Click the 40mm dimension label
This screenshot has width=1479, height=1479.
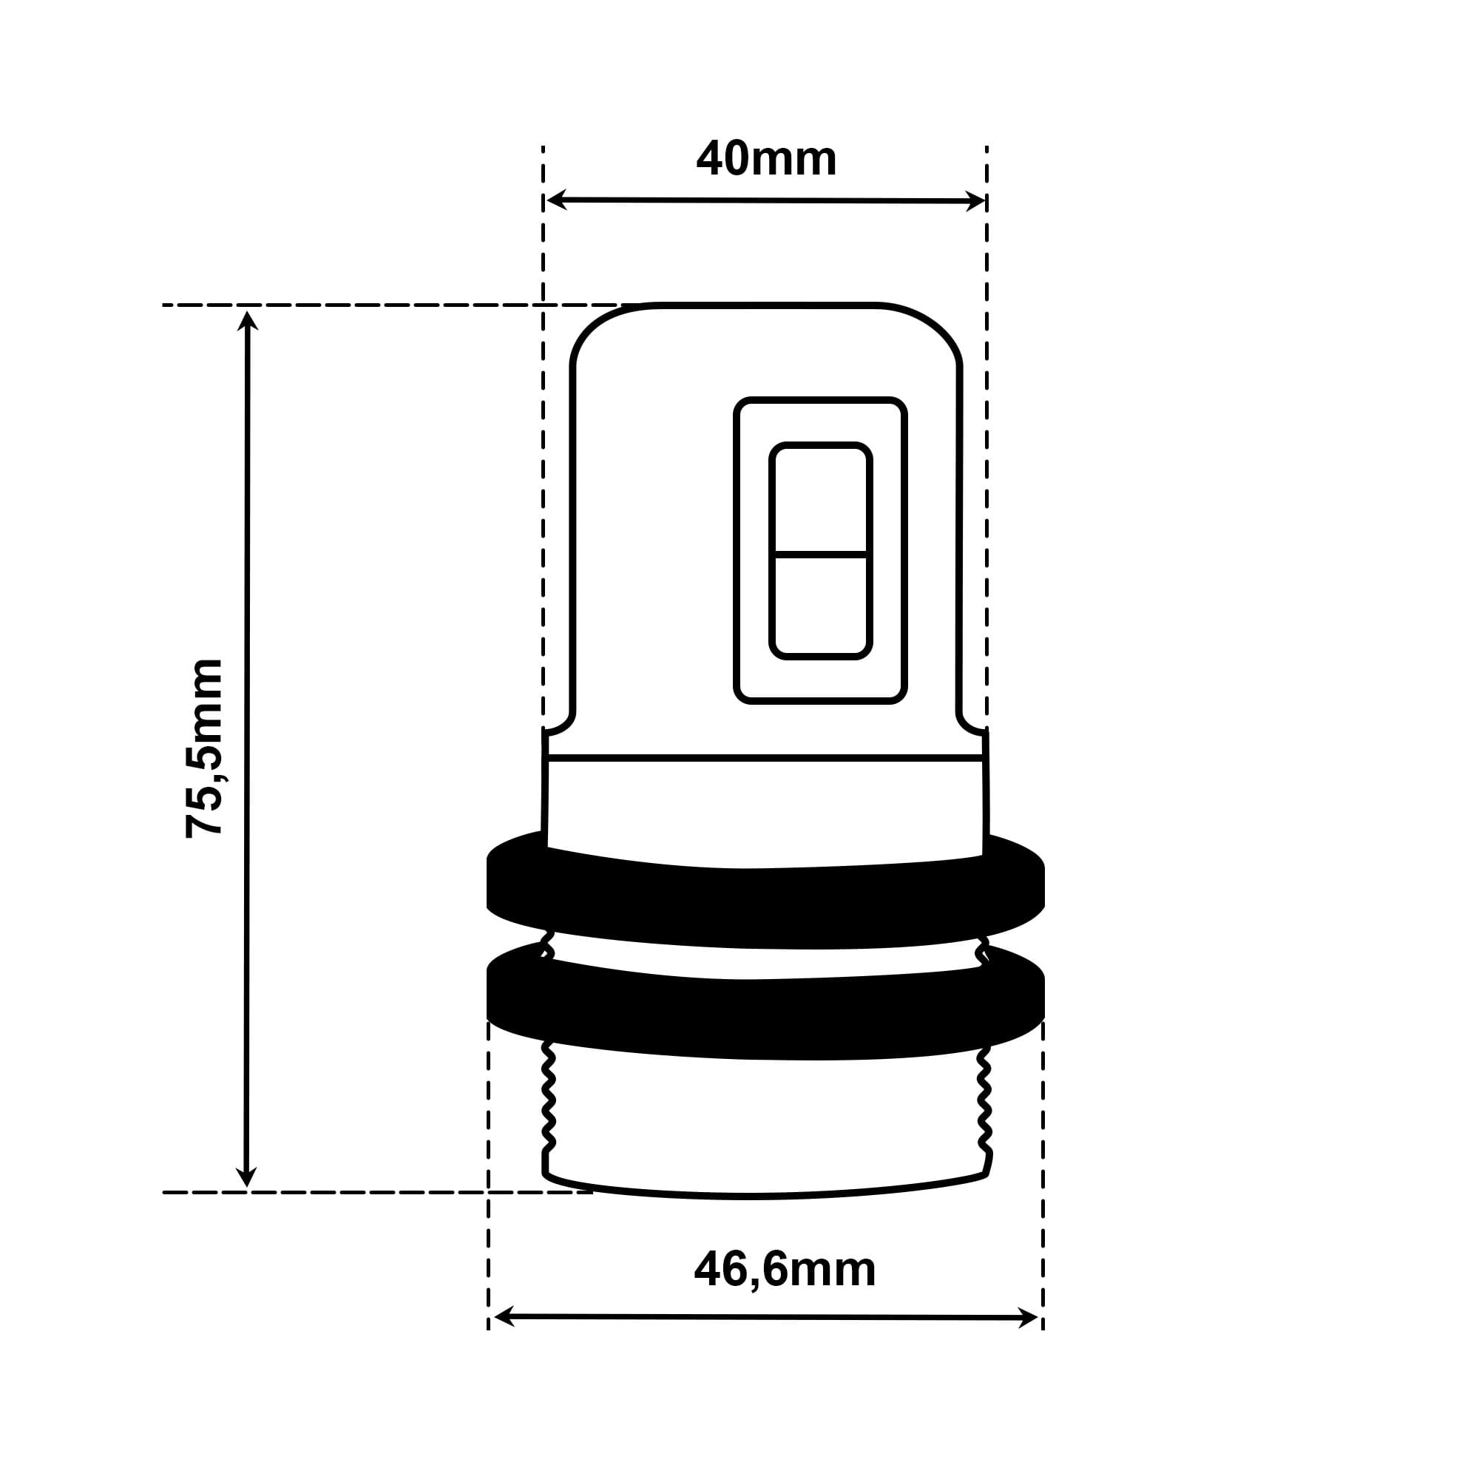[x=766, y=158]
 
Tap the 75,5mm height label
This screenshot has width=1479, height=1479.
[x=204, y=748]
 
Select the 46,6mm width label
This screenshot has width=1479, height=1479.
[x=785, y=1270]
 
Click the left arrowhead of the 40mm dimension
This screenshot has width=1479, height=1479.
[x=557, y=199]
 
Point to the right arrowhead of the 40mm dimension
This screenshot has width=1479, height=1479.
[x=975, y=201]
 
